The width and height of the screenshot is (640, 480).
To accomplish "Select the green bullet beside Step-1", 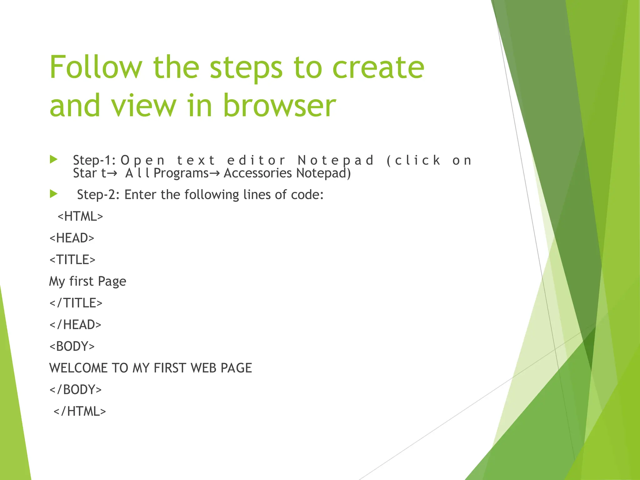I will click(x=54, y=160).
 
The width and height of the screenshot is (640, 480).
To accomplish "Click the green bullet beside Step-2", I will click(x=54, y=194).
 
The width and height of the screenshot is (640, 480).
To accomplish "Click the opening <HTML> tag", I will click(x=80, y=216).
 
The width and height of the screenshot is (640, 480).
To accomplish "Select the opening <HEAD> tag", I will click(x=72, y=238).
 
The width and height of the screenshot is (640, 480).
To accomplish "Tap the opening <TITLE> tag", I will click(x=72, y=260).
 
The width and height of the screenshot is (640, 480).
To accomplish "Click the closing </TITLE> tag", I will click(x=76, y=303).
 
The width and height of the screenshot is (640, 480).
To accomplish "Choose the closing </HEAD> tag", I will click(x=75, y=325).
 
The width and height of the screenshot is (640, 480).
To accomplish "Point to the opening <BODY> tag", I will click(x=72, y=346).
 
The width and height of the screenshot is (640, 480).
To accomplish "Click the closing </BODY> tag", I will click(x=76, y=390).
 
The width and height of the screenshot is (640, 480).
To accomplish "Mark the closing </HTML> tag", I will click(x=80, y=411).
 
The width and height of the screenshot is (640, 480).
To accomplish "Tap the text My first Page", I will click(x=88, y=281).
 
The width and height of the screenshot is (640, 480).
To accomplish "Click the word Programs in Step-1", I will click(x=181, y=173).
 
